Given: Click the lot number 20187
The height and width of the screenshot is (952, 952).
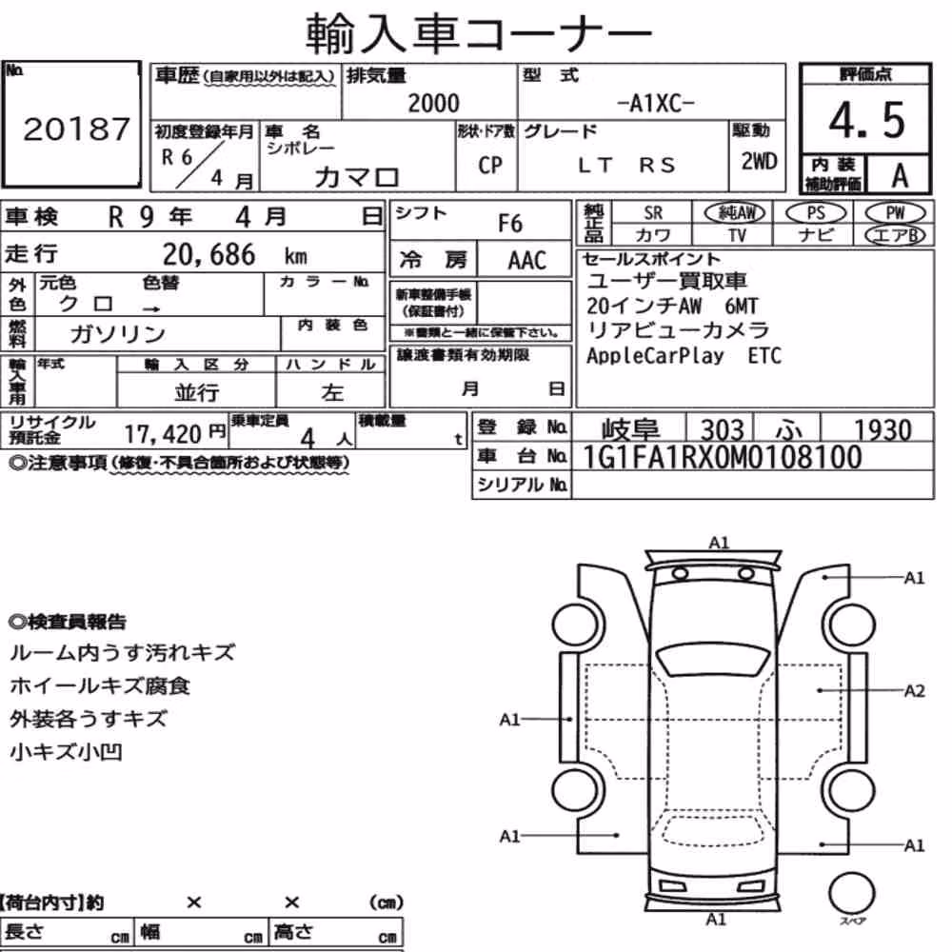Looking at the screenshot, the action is tap(76, 129).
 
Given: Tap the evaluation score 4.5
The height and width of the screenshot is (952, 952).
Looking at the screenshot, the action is tap(866, 120).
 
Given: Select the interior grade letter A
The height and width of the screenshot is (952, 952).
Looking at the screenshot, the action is tap(900, 176).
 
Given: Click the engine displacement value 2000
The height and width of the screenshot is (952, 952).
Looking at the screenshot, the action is tap(433, 103).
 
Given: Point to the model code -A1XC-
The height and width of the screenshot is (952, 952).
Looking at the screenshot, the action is tap(655, 104).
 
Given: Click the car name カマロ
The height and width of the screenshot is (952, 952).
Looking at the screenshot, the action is tap(356, 177).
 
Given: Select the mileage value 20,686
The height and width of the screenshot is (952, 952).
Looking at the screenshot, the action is tap(208, 254).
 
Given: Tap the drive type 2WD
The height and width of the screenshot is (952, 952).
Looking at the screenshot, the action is tap(759, 162).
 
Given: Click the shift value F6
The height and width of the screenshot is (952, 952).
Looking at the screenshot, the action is tap(510, 224).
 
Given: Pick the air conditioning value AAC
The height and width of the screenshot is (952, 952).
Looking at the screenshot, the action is tap(527, 261).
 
